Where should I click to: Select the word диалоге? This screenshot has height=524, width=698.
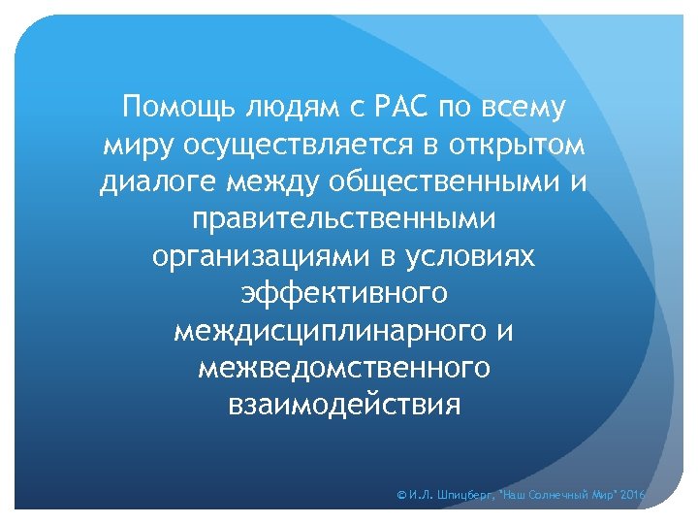[162, 181]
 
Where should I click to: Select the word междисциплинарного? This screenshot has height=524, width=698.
[327, 330]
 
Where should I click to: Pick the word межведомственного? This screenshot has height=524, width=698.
[344, 367]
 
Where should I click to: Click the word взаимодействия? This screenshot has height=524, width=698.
[344, 404]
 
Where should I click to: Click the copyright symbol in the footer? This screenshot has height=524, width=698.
[402, 496]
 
